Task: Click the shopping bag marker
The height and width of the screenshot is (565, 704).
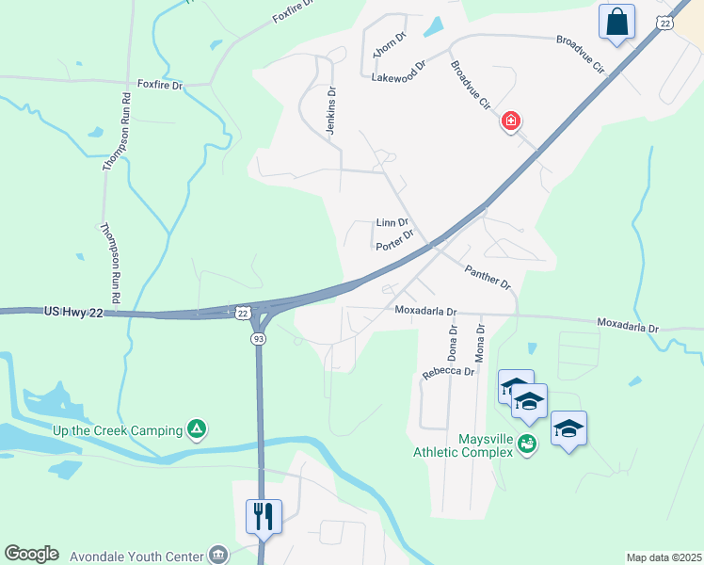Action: click(616, 22)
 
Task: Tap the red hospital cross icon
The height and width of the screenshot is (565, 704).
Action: click(511, 121)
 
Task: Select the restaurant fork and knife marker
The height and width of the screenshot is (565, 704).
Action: click(263, 515)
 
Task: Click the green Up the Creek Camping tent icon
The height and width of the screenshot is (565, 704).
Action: click(196, 430)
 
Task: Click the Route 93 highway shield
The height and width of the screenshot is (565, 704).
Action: click(258, 339)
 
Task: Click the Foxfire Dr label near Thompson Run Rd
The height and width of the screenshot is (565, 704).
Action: click(159, 85)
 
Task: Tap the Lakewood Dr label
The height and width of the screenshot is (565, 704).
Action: click(399, 67)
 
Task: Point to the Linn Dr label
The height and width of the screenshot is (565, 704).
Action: click(392, 223)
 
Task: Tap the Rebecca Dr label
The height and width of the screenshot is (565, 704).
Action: click(448, 372)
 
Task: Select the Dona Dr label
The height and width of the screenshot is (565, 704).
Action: click(453, 343)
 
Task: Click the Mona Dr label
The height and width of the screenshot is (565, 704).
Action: click(480, 343)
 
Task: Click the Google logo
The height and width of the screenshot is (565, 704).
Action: click(31, 554)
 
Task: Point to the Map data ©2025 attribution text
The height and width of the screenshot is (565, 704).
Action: click(663, 557)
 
